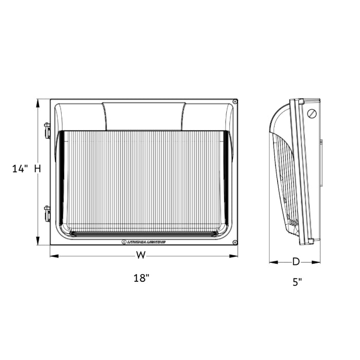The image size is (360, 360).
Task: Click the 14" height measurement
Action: coord(20,169)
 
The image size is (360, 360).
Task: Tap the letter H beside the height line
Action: coord(37,168)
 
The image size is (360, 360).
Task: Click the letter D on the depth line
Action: coord(296,261)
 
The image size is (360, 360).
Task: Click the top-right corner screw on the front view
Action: coord(235,102)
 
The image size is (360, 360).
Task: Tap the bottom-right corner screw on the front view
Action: coord(235,242)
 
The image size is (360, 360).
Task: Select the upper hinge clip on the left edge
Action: coord(47,130)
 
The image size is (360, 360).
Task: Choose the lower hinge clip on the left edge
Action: coord(47,213)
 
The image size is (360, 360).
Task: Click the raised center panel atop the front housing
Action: coord(143,116)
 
